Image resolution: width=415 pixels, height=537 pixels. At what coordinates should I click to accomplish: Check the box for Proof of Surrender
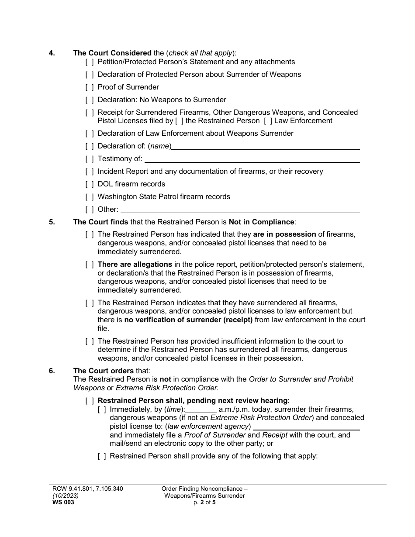[90, 87]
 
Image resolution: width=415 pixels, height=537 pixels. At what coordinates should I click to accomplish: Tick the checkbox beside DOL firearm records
[90, 184]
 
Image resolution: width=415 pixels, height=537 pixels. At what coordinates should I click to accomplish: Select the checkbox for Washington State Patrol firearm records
[90, 197]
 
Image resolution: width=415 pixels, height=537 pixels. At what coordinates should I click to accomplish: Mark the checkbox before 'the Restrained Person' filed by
[179, 121]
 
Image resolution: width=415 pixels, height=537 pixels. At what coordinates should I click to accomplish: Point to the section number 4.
[52, 53]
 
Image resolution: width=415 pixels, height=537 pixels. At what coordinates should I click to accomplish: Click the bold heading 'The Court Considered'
[112, 53]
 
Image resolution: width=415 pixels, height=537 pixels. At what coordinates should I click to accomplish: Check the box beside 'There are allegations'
[90, 265]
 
